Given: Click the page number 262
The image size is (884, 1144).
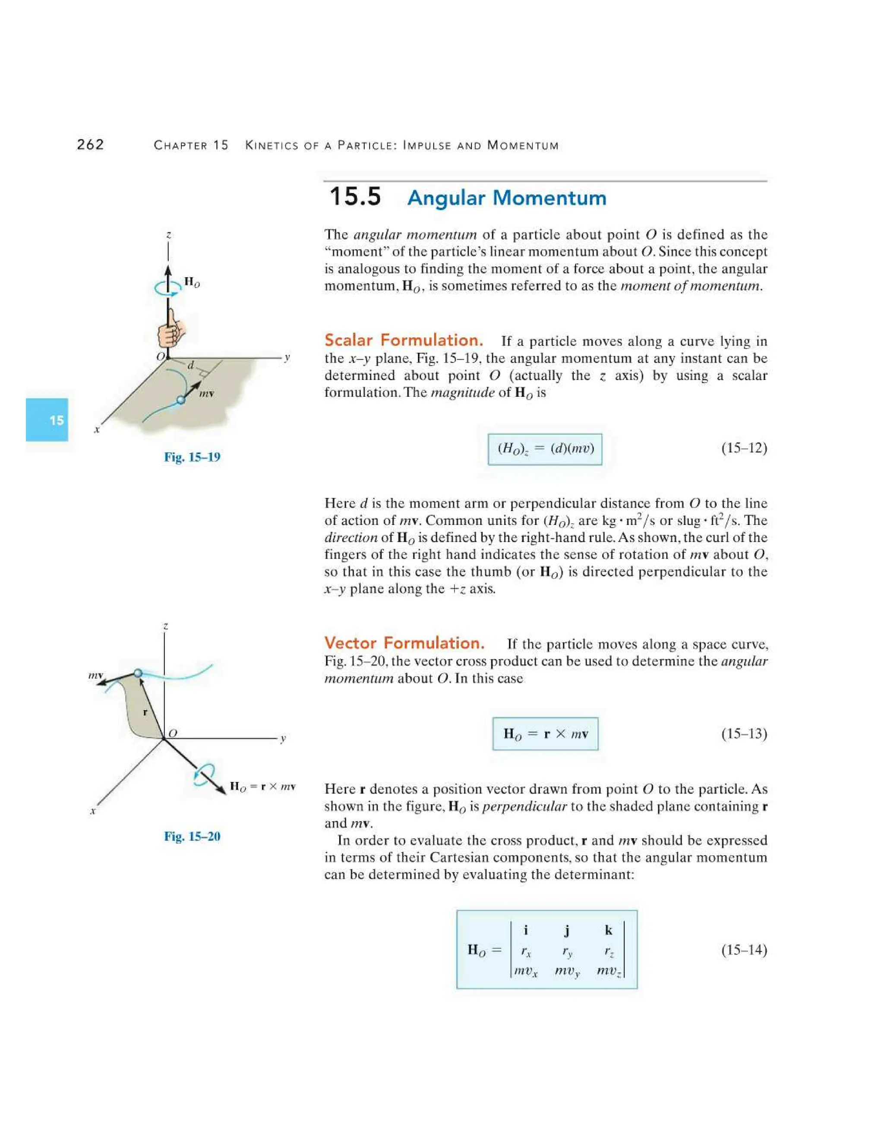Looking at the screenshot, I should (90, 145).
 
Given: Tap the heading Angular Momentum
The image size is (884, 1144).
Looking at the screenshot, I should (506, 198).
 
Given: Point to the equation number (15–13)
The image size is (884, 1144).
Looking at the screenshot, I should (744, 733).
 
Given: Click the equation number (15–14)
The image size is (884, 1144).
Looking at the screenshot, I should (744, 950).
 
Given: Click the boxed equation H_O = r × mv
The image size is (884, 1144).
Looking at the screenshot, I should (545, 733).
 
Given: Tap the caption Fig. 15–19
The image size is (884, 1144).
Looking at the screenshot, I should (192, 457).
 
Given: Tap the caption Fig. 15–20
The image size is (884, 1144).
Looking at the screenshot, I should (192, 836).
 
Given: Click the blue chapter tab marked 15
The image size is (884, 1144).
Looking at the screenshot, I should (47, 420).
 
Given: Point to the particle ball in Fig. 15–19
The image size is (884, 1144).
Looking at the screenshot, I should (181, 400).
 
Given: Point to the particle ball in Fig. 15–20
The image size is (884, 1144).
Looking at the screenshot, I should (138, 673).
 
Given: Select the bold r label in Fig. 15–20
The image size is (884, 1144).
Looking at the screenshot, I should (145, 712).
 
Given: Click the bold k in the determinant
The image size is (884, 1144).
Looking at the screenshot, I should (608, 930).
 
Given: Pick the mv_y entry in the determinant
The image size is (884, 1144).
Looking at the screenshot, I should (567, 970).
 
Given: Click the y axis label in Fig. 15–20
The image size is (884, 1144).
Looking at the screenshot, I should (283, 739).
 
